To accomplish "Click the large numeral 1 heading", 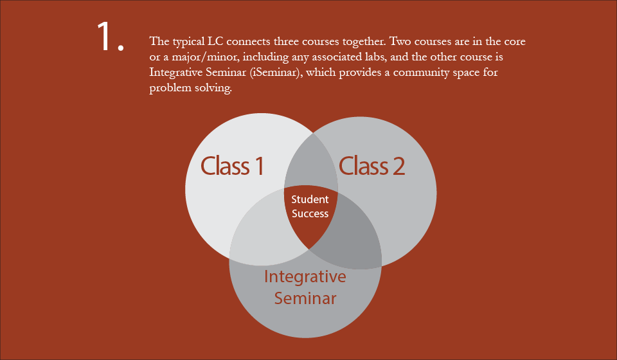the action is (110, 37).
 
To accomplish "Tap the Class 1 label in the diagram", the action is (232, 166).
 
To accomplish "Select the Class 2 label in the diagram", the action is (371, 166).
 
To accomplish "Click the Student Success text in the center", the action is (310, 206).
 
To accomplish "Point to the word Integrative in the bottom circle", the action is (305, 277).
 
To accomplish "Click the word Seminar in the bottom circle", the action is (305, 298).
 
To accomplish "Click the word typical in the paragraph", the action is (189, 42).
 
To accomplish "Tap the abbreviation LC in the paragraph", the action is (215, 41).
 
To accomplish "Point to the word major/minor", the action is (204, 57).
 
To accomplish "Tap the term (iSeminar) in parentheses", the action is (276, 73).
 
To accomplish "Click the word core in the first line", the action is (515, 42).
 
